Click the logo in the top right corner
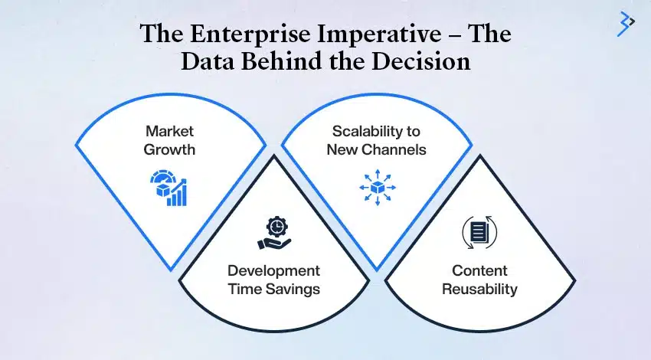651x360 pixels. [626, 25]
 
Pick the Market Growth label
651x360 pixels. [169, 140]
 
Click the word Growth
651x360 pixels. [169, 149]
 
